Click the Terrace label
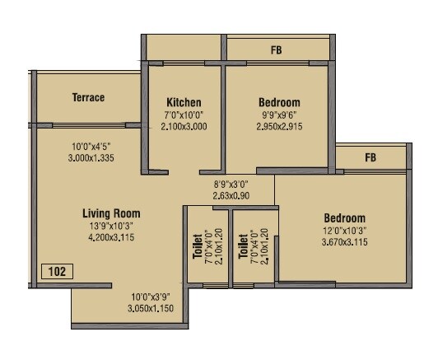click(x=88, y=98)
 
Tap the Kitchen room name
click(x=184, y=103)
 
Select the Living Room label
click(x=111, y=213)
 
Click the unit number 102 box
click(x=57, y=271)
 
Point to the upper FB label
click(x=276, y=50)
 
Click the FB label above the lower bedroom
click(x=370, y=157)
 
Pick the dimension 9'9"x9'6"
click(x=278, y=115)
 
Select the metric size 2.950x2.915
click(x=278, y=127)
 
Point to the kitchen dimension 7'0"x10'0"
click(x=184, y=115)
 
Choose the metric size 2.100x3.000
click(x=184, y=127)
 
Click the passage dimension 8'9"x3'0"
click(x=231, y=185)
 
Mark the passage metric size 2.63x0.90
click(x=231, y=196)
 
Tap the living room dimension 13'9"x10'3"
click(x=112, y=225)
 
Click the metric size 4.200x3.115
click(x=112, y=236)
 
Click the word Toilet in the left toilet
click(x=197, y=245)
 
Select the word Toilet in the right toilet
click(x=243, y=245)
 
